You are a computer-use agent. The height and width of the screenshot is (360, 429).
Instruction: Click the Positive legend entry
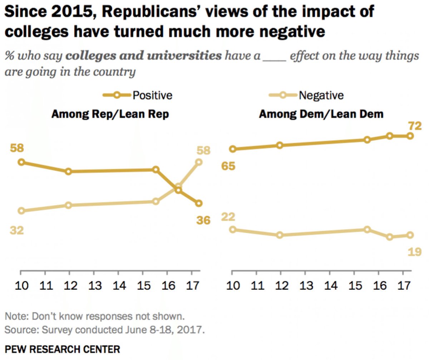138,95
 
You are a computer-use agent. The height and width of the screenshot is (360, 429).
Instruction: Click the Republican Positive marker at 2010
21,162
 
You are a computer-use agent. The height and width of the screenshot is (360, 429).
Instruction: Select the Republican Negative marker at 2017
199,162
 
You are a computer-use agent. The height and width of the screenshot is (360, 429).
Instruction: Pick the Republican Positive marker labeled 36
199,203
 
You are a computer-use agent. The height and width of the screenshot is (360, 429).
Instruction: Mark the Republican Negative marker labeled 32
21,211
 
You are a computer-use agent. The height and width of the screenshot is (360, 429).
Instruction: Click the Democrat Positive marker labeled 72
410,136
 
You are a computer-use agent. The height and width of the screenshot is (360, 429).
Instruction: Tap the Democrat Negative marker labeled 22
233,229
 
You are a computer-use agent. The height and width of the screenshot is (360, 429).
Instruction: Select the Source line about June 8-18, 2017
104,329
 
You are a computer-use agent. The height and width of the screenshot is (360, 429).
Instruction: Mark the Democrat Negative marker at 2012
280,235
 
